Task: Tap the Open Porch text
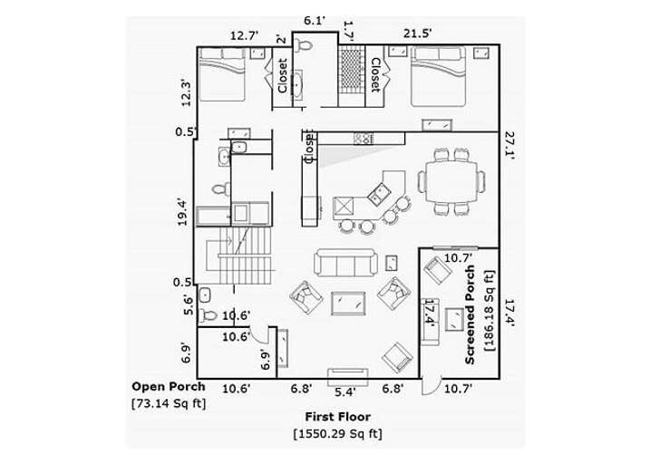[168, 386]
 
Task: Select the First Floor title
[337, 417]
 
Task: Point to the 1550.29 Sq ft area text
[337, 434]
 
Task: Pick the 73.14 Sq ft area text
[168, 402]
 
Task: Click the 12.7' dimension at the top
[243, 35]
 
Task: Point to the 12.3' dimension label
[186, 93]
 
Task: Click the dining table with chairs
[451, 181]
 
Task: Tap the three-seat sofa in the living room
[346, 263]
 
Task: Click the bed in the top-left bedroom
[222, 74]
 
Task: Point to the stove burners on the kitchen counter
[363, 138]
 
